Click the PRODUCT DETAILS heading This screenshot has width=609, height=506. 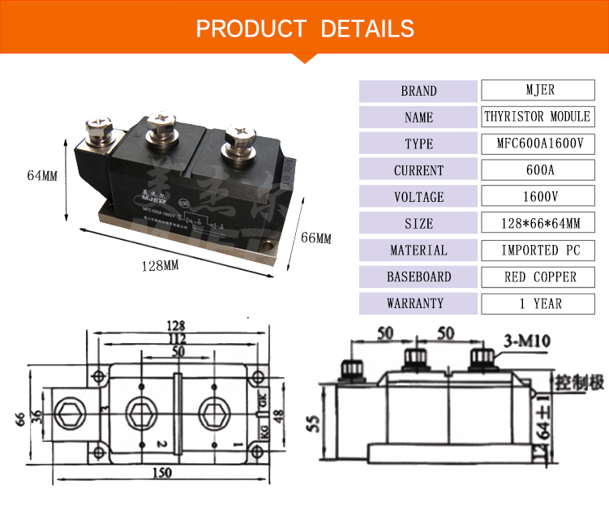pos(305,29)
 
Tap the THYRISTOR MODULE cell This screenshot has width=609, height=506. pos(537,117)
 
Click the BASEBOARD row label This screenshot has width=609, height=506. pos(418,277)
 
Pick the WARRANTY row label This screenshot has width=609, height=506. pos(418,304)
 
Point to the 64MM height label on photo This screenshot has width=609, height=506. pos(41,175)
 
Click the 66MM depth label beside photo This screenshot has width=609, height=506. pos(316,238)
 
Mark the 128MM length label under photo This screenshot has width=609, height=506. pos(160,265)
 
